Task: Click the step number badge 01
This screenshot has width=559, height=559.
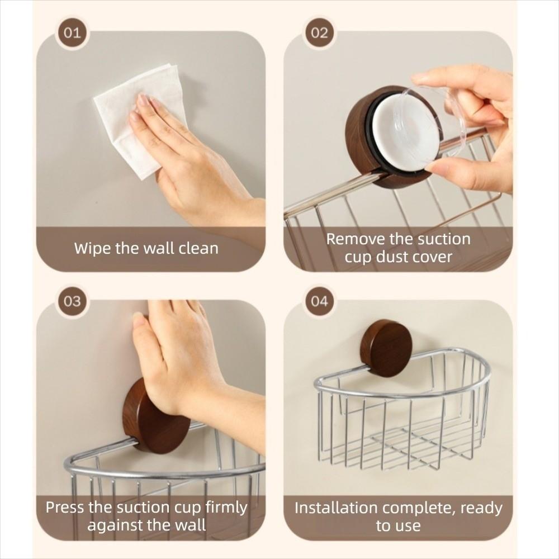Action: point(72,32)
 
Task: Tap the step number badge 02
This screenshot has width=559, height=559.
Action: point(319,32)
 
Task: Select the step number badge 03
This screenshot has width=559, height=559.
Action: point(72,301)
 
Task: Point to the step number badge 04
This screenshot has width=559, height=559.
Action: point(319,301)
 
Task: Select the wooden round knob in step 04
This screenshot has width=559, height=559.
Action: point(386,348)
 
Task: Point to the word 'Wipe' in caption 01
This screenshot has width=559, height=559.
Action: point(93,248)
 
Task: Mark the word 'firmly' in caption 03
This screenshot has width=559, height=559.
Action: point(222,508)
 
